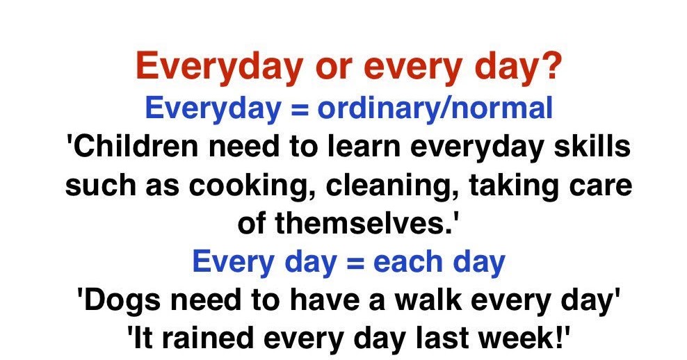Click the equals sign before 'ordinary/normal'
click(296, 109)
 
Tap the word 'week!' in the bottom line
click(526, 338)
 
